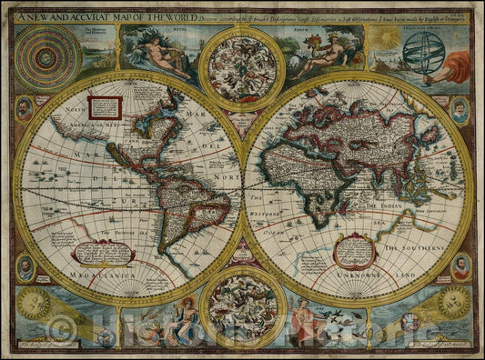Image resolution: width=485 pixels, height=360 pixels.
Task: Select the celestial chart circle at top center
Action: [241, 65]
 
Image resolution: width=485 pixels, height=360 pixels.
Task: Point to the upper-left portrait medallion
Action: [25, 108]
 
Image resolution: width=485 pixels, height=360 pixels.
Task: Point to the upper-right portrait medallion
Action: [460, 110]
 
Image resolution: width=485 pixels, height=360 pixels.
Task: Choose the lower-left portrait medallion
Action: [25, 267]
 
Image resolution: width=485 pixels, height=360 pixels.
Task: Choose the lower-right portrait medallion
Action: [461, 267]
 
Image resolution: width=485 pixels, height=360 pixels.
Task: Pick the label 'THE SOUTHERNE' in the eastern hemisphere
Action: [415, 247]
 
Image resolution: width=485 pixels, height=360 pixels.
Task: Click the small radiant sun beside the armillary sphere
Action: [386, 37]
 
